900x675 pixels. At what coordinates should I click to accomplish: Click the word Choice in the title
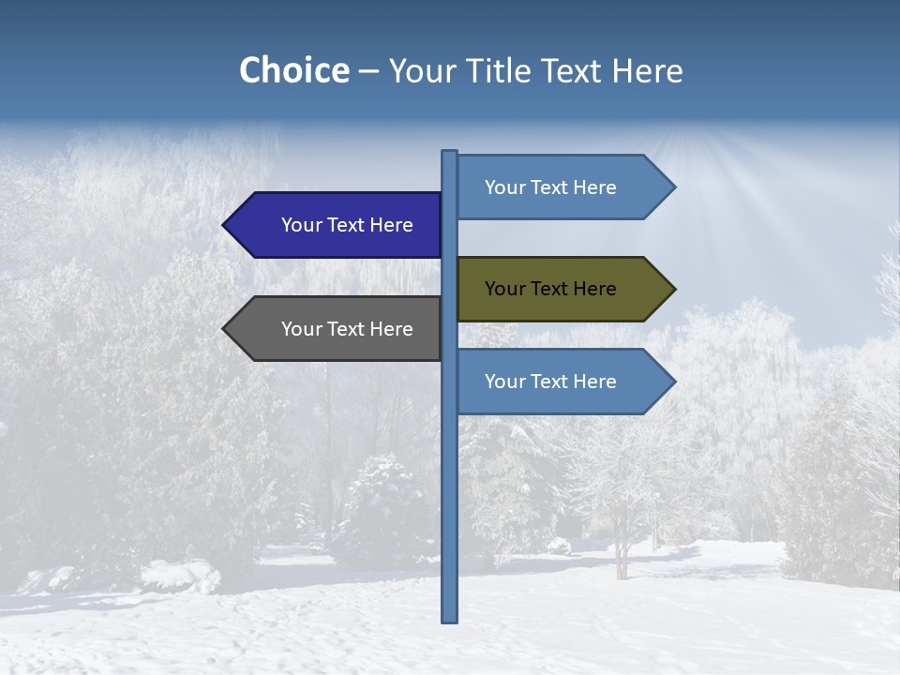(x=293, y=70)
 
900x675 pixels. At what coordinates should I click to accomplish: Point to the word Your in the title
(x=421, y=70)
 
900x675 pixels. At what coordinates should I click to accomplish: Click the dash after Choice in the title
(x=368, y=71)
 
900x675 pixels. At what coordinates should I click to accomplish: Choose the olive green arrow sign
(x=562, y=289)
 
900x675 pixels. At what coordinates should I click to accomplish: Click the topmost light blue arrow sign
(x=562, y=187)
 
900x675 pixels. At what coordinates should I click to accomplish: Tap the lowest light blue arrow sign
(x=562, y=382)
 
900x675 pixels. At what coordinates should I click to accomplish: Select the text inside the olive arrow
(x=550, y=289)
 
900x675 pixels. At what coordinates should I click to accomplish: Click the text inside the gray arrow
(x=347, y=329)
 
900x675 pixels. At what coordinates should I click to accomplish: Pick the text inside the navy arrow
(x=347, y=225)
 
